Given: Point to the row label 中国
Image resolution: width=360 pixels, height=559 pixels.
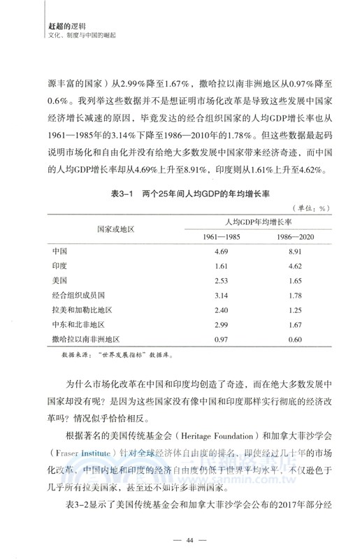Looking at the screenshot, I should pos(59,250).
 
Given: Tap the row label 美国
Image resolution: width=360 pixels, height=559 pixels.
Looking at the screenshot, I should pos(59,282).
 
